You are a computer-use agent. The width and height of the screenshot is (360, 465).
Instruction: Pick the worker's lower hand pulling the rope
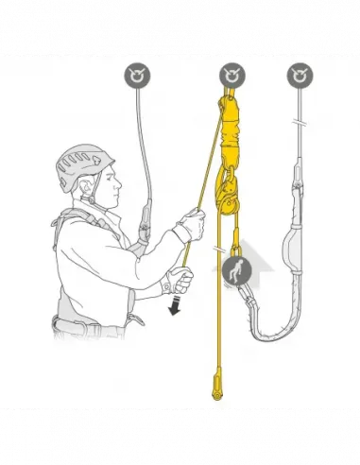pos(177,280)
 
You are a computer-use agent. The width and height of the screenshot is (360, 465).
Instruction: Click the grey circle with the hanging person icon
pos(235,271)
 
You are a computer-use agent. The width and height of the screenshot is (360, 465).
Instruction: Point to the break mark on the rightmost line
pos(301,124)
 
